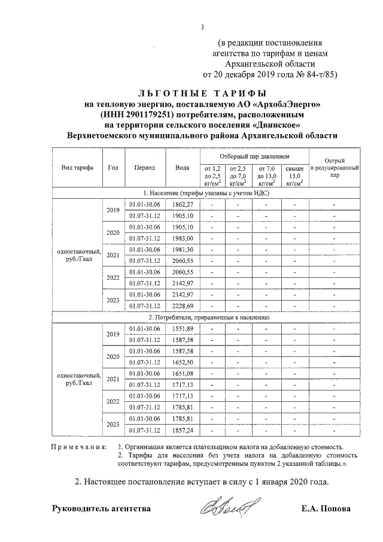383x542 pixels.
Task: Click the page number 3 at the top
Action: coord(202,27)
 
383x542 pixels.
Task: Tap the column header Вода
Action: coord(182,168)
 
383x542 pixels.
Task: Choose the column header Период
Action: coord(145,168)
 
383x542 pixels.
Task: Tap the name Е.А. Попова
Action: coord(327,509)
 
